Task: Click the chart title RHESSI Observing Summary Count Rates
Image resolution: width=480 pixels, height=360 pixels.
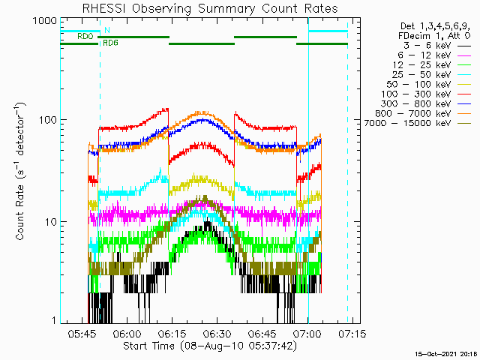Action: pyautogui.click(x=210, y=8)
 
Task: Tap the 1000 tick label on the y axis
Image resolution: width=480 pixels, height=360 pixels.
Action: pyautogui.click(x=45, y=21)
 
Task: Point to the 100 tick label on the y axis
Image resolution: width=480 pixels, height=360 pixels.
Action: pyautogui.click(x=48, y=120)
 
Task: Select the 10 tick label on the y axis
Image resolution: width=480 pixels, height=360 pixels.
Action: pyautogui.click(x=51, y=222)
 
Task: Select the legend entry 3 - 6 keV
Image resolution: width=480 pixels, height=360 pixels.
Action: pyautogui.click(x=427, y=46)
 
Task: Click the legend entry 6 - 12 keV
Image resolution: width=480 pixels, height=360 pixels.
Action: pyautogui.click(x=424, y=55)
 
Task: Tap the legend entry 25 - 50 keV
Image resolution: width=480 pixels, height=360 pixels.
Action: pyautogui.click(x=421, y=75)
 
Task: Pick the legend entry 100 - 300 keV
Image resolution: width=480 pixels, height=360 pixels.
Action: pyautogui.click(x=415, y=94)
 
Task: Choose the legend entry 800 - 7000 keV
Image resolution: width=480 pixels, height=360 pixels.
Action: pyautogui.click(x=413, y=113)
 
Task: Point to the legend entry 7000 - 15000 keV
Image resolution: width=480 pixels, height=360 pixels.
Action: pyautogui.click(x=407, y=123)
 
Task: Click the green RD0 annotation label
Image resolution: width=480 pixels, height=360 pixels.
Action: pyautogui.click(x=85, y=37)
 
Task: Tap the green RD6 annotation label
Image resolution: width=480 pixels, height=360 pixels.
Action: pyautogui.click(x=110, y=43)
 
